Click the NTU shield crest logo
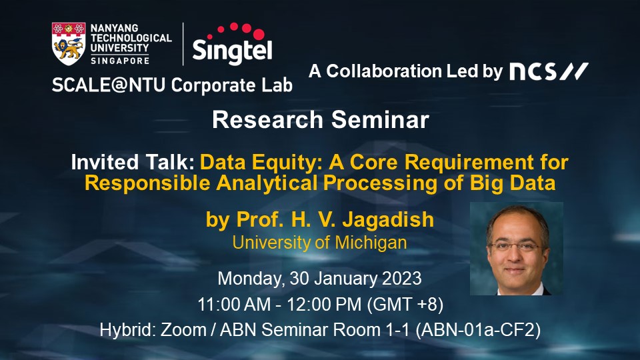click(x=69, y=44)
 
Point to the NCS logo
click(x=549, y=71)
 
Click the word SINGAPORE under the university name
click(x=120, y=61)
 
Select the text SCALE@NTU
click(x=109, y=85)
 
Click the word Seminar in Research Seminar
click(x=380, y=120)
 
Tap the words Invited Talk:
click(x=133, y=162)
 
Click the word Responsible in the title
click(x=147, y=183)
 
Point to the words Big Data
click(x=513, y=183)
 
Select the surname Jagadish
click(x=388, y=219)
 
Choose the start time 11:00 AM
click(x=234, y=305)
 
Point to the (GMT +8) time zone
click(x=405, y=305)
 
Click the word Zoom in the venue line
click(x=183, y=330)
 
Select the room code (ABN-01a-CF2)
click(x=478, y=330)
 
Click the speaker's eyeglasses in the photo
click(x=515, y=246)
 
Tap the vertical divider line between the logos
click(x=183, y=44)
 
